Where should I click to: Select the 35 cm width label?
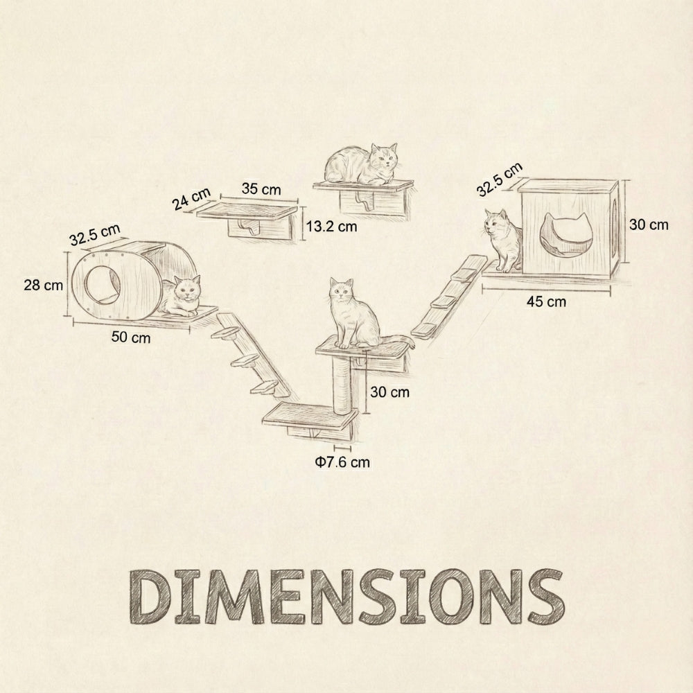click(261, 188)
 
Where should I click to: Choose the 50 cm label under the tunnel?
click(131, 337)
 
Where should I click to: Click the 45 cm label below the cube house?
click(546, 301)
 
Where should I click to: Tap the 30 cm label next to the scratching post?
click(389, 392)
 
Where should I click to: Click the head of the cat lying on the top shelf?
click(384, 159)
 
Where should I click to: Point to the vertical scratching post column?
click(344, 385)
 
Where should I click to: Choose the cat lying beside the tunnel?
click(183, 296)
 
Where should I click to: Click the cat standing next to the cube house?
click(504, 240)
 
